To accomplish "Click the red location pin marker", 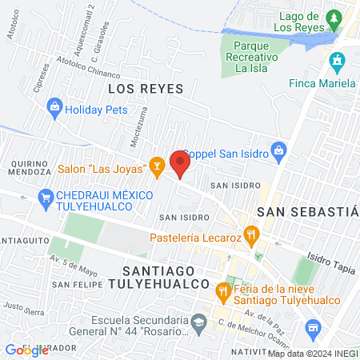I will tap(180, 164).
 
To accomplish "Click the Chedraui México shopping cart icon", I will tap(45, 196).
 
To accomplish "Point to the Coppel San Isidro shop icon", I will tap(278, 149).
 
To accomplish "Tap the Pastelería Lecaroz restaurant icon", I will tap(253, 236).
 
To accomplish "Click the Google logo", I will tap(27, 350).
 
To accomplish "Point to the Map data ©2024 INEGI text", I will tap(310, 353).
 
